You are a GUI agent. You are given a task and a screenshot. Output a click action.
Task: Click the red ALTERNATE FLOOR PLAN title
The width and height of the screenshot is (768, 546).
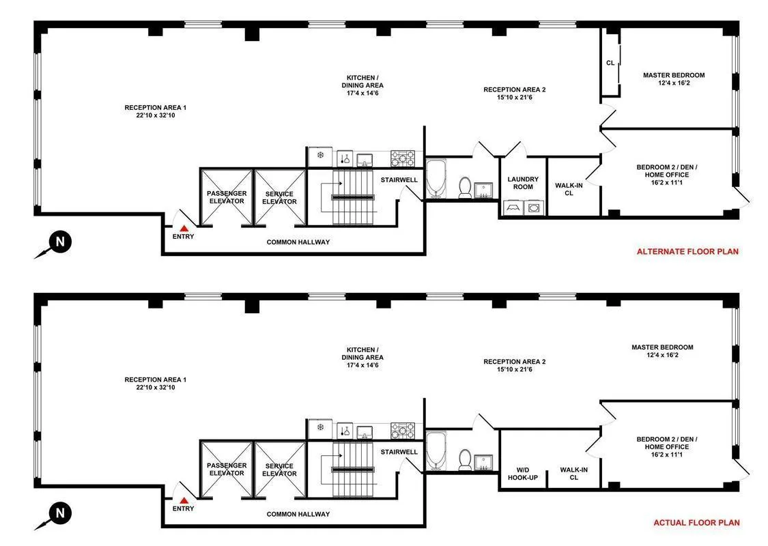687,251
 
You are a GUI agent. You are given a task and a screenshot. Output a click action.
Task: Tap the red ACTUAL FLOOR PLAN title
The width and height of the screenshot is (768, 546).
696,523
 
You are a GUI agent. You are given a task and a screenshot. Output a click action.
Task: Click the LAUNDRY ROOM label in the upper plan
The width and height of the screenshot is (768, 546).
523,184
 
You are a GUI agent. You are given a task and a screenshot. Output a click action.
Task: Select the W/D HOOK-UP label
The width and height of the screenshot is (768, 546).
522,473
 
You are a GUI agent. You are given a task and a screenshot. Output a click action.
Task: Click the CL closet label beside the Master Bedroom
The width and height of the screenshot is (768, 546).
610,63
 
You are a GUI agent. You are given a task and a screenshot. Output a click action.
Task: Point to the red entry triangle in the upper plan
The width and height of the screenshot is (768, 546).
183,229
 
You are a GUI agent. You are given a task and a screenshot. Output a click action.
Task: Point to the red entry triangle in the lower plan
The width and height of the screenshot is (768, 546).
183,500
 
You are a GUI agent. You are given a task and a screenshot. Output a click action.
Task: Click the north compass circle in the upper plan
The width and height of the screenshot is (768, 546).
60,242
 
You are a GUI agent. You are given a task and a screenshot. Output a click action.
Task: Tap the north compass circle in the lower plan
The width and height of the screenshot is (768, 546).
60,513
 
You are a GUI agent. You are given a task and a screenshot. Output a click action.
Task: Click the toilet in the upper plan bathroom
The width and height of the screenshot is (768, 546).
465,187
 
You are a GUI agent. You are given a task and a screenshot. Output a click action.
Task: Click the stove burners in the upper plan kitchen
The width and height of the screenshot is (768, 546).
402,159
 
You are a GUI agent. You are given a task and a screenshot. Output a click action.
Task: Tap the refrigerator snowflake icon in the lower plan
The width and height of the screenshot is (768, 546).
319,428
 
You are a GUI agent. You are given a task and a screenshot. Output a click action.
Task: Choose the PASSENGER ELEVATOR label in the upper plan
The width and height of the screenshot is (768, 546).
226,197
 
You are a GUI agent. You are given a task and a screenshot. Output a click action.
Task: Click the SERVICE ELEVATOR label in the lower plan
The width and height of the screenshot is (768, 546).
279,470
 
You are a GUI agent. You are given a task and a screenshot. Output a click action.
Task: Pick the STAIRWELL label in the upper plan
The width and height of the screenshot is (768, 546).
399,180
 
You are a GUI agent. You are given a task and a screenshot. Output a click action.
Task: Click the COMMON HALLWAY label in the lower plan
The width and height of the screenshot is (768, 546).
298,514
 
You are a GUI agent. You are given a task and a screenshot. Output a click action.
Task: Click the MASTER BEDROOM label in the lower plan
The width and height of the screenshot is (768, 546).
662,347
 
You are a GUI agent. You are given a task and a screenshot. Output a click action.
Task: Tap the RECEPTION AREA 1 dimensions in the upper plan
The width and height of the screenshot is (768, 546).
155,115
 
